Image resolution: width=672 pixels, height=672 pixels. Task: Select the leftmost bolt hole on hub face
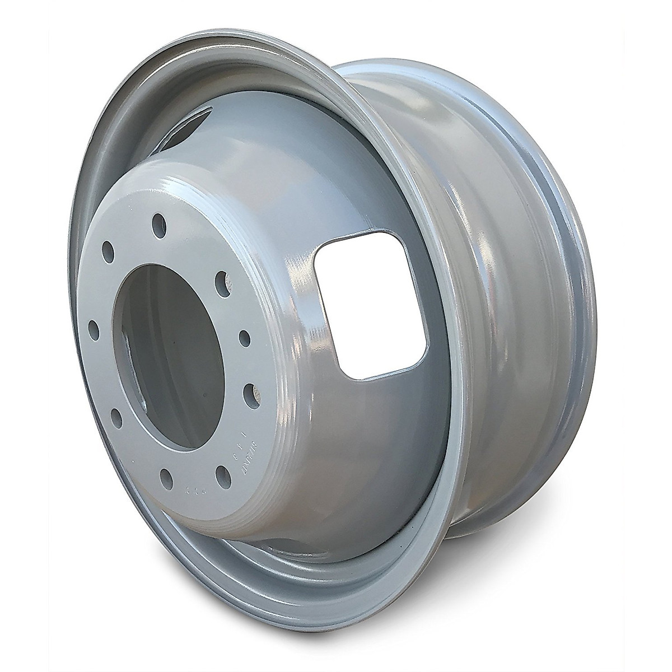coord(94,326)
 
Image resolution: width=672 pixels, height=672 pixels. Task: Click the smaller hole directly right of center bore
coord(244,336)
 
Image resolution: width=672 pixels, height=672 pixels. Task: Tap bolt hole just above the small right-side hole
coord(222,278)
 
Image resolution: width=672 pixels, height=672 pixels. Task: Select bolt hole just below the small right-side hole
coord(249,390)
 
